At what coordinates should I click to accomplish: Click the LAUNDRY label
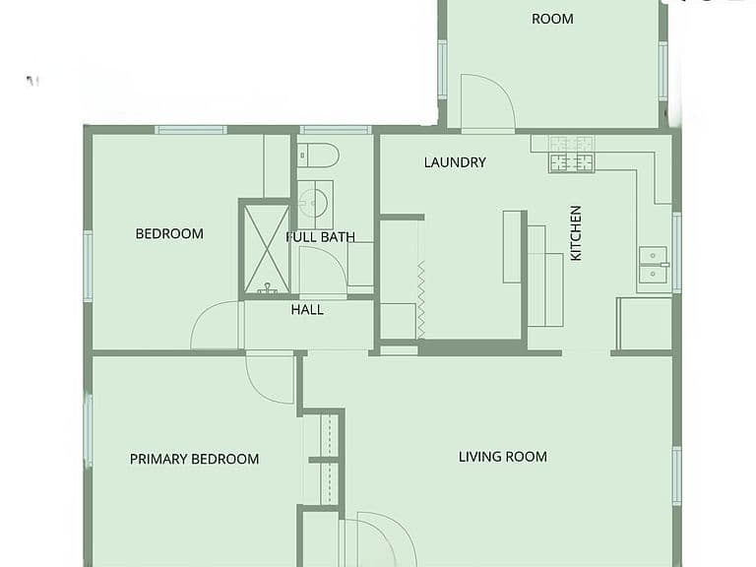point(455,162)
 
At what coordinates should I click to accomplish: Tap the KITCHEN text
point(576,233)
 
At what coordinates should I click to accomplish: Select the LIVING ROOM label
point(503,457)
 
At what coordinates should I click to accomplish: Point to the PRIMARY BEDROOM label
point(194,459)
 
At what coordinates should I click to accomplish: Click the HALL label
point(307,309)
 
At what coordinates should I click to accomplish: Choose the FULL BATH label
point(321,236)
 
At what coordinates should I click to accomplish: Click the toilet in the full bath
point(318,156)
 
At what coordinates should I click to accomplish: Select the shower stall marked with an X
point(267,249)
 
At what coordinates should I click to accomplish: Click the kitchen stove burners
point(571,155)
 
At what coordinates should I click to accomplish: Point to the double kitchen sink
point(654,265)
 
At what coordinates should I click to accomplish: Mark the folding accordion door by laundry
point(421,299)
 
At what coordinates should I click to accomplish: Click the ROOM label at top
point(552,19)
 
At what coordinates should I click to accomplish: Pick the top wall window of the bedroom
point(191,130)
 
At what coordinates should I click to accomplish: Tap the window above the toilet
point(336,130)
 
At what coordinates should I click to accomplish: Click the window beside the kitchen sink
point(677,252)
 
